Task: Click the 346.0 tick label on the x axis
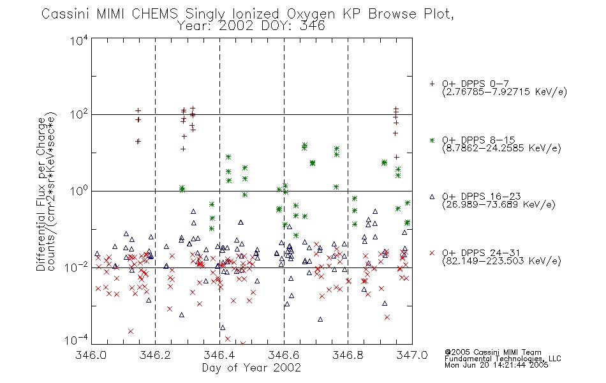coord(91,355)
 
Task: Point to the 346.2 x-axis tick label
coord(156,355)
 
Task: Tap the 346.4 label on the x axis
coord(219,355)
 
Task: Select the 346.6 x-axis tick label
coord(284,355)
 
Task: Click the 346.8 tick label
coord(348,355)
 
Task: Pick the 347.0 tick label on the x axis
coord(412,355)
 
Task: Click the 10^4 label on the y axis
coord(79,40)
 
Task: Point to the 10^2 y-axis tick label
coord(79,115)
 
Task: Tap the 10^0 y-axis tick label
coord(79,191)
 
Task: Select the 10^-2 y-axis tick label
coord(77,267)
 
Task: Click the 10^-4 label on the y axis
coord(77,340)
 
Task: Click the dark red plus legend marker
coord(432,84)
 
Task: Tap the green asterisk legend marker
coord(432,140)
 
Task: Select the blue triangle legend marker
coord(432,197)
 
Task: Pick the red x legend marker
coord(432,253)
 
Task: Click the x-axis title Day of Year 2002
coord(251,368)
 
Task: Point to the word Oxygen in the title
coord(311,14)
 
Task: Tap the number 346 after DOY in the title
coord(313,26)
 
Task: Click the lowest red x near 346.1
coord(131,331)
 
